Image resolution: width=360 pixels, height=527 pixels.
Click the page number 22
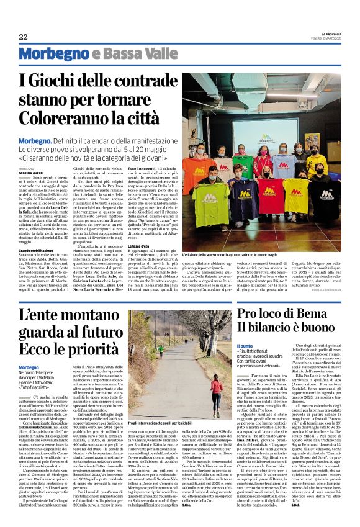[23, 37]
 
